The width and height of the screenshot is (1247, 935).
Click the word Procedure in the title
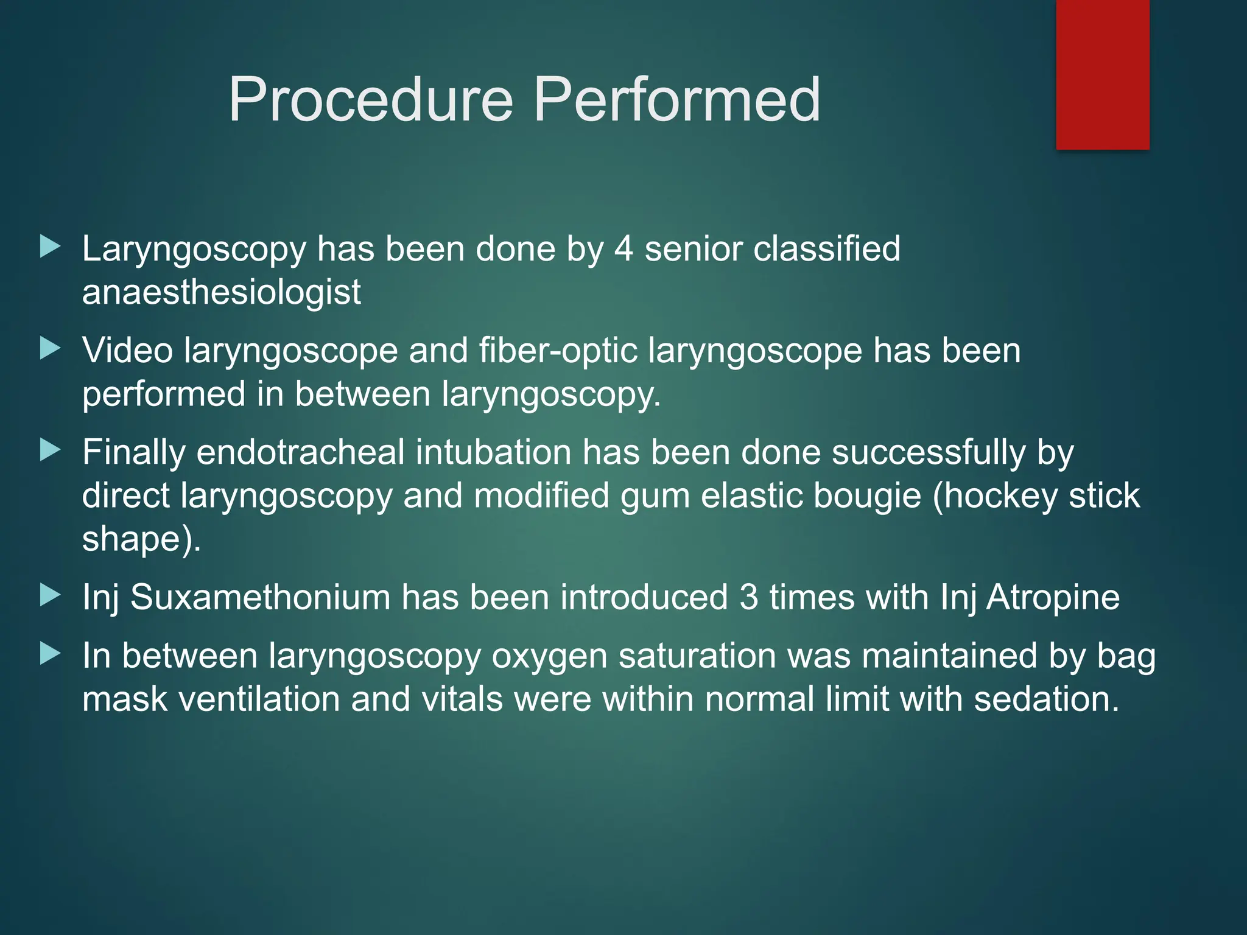click(371, 100)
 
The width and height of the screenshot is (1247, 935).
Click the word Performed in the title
click(677, 100)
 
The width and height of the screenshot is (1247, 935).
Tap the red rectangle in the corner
click(1102, 74)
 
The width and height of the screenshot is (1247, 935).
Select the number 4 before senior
click(623, 249)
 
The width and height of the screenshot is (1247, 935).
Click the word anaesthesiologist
click(222, 292)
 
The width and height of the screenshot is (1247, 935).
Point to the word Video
click(127, 351)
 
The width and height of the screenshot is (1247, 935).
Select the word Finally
click(134, 453)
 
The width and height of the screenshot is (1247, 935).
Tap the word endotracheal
click(301, 453)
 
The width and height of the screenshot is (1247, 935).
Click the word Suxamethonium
click(260, 597)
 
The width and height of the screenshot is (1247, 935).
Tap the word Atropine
click(1053, 597)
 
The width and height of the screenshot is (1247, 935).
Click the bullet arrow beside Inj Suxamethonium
click(51, 595)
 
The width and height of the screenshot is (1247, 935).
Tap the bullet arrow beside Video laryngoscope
click(51, 349)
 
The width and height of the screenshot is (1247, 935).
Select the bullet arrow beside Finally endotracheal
click(51, 450)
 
